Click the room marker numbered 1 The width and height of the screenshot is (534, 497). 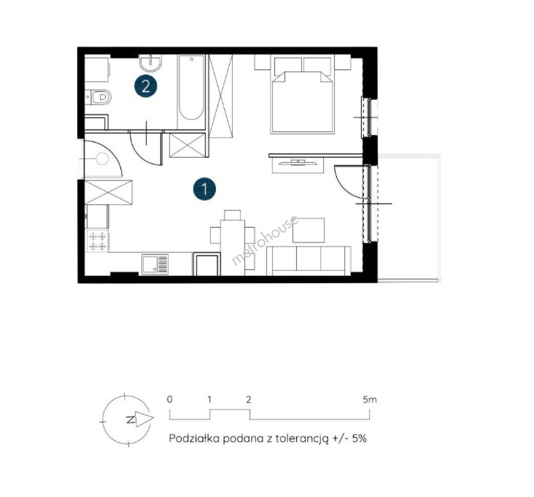coord(204,189)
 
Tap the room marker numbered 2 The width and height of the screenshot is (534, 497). coord(146,87)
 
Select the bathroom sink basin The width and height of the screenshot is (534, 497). coord(150,63)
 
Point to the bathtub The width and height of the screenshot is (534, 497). coord(191,92)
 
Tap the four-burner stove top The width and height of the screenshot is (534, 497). coord(98,241)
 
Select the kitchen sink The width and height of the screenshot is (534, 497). coord(155,264)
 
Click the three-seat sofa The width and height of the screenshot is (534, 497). coord(308,260)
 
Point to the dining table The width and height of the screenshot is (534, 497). coord(232,248)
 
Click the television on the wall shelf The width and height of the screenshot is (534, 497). coord(298,163)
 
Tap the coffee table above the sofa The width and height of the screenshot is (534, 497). coord(308,230)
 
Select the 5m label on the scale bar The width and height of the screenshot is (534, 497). coord(370,399)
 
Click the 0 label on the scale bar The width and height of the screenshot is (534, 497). coord(169,399)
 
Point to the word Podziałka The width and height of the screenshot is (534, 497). coord(194,438)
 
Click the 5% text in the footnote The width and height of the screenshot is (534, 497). coord(359,439)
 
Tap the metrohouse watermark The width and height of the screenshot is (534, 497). coord(265,240)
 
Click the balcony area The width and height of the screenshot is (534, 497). coord(409,218)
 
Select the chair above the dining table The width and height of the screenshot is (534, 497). coord(232,215)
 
